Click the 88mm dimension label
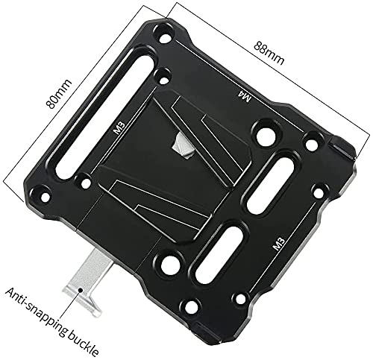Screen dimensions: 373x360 tap(269, 53)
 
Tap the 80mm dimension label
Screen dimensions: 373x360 tap(59, 94)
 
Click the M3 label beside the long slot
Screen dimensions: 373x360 tap(119, 128)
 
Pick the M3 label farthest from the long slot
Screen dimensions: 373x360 tap(278, 244)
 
